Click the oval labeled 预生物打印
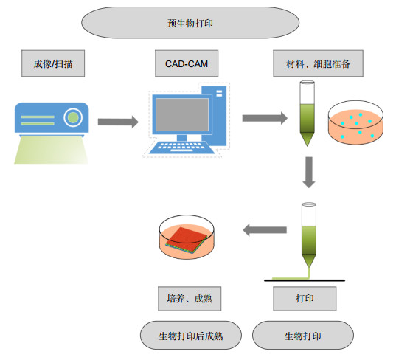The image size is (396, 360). click(190, 23)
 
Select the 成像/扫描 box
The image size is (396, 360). click(53, 63)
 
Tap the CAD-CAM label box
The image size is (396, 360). click(187, 63)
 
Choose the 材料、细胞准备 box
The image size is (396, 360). click(319, 63)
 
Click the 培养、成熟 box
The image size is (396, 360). click(190, 299)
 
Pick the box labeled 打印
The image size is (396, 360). click(305, 299)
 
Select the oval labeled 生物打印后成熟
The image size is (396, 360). click(191, 336)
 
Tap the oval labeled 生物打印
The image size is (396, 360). click(303, 336)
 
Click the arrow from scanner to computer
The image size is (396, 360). click(118, 122)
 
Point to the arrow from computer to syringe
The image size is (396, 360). click(265, 118)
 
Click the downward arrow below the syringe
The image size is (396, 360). click(309, 173)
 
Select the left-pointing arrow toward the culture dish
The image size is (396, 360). click(265, 230)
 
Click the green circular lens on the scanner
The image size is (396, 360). click(73, 117)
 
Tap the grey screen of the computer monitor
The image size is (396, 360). click(182, 114)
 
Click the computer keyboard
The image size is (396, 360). click(181, 148)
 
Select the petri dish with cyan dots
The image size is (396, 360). click(355, 122)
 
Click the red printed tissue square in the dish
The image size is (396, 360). click(187, 239)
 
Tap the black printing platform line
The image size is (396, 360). click(305, 280)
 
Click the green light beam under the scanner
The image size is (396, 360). click(52, 150)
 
